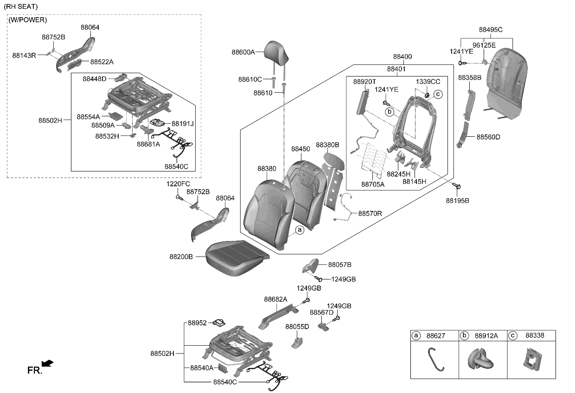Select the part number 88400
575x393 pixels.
click(402, 57)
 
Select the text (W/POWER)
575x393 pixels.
click(28, 20)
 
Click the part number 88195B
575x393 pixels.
click(457, 201)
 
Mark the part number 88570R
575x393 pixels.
click(370, 214)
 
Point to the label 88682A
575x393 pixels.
click(275, 299)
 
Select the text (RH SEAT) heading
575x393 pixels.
click(21, 6)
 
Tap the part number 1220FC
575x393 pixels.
click(178, 184)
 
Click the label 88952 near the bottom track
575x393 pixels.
click(197, 323)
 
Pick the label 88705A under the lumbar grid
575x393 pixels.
click(373, 184)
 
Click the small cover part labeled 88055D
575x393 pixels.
click(296, 342)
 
